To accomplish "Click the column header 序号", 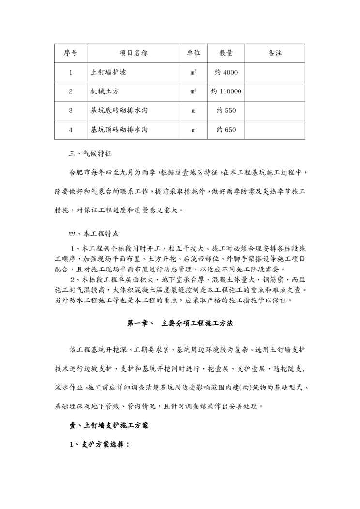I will coord(70,53).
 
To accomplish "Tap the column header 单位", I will coord(194,53).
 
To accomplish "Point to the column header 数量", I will coord(226,53).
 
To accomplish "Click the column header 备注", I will coord(275,53).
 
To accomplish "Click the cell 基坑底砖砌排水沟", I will coord(119,111).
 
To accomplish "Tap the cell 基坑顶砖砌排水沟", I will coord(119,130).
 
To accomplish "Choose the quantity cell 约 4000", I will coord(226,73).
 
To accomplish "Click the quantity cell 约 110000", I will coord(226,91).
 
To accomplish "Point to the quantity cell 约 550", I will coord(226,111).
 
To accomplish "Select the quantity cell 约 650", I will coord(226,130).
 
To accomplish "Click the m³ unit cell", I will coord(194,91).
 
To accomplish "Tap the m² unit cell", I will coord(194,73).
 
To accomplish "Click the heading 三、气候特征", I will coord(90,154).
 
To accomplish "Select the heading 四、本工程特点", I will coord(94,233).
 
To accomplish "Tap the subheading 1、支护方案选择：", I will coord(100,444).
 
